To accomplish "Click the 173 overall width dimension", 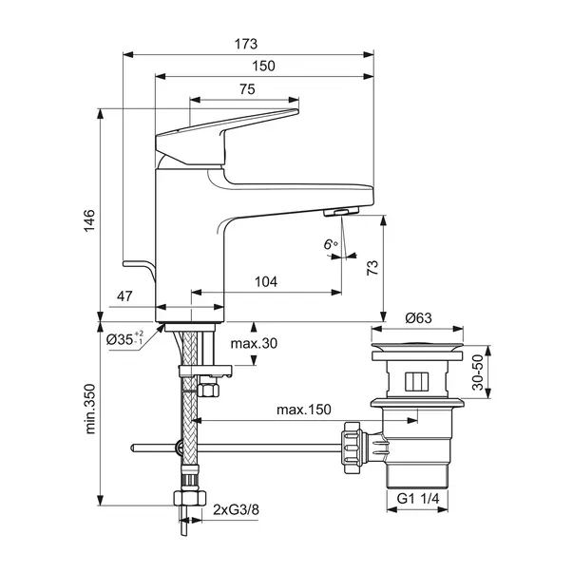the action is coord(246,44).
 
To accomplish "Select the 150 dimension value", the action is coord(263,67).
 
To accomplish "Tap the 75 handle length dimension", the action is coord(247,89).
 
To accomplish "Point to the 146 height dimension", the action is coord(89,220).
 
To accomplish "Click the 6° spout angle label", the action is coord(331,244).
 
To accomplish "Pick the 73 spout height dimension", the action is coord(372,268).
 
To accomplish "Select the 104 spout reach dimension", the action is coord(266,282).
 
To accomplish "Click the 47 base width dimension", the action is coord(124,296).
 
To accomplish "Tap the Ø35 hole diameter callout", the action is coord(125,339).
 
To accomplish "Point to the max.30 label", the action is coord(254,343).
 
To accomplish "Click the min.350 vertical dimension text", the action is coord(90,409).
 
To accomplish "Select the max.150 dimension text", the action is coord(304,410).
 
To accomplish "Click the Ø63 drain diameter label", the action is coord(418,318).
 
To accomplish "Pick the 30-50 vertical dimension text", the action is coord(478,372).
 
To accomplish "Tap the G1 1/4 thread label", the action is coord(418,499).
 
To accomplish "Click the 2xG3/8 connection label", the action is coord(236,509).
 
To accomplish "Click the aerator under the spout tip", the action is coord(341,212).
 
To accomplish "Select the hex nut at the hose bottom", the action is coord(189,498).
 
